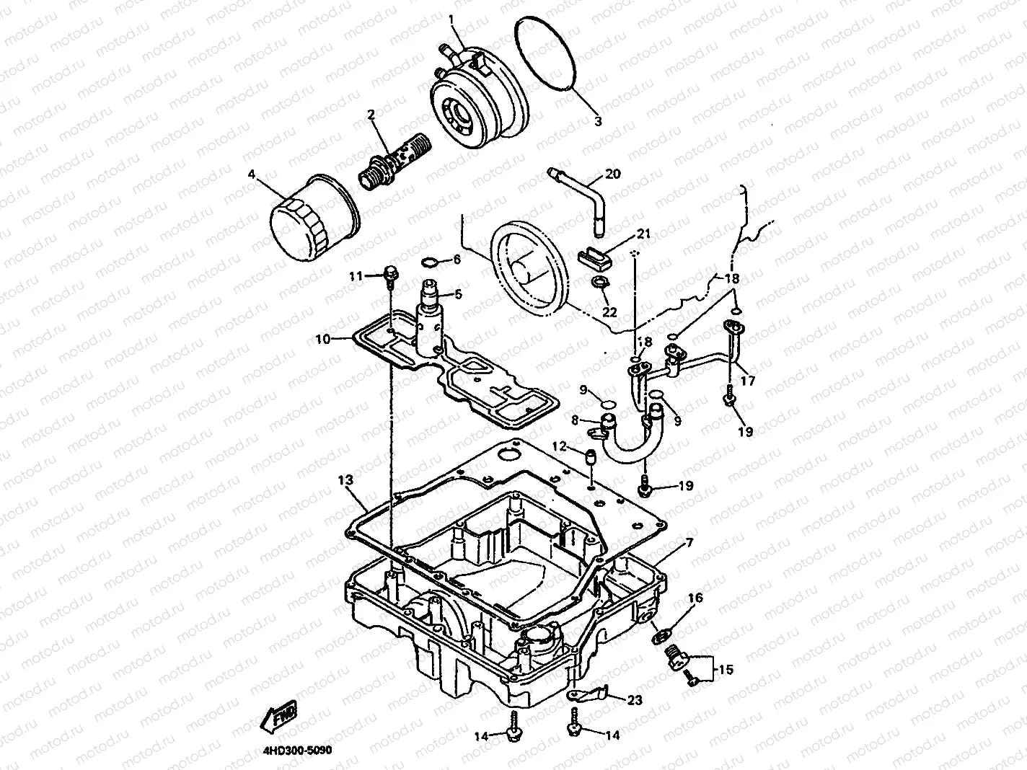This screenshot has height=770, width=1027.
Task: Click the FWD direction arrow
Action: [278, 716]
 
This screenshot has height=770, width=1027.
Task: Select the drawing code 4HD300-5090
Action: [298, 751]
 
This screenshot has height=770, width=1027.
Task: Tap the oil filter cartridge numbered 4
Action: [315, 218]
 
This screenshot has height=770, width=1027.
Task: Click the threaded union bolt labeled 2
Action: [395, 161]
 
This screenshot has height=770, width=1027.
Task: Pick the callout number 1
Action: [451, 20]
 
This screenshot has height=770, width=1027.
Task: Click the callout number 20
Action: [612, 174]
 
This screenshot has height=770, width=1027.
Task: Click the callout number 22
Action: [609, 312]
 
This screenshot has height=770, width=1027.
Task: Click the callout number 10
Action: [323, 339]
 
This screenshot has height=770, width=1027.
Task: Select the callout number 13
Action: [345, 480]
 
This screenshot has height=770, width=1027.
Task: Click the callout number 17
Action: [748, 381]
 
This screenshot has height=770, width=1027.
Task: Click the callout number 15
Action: [726, 670]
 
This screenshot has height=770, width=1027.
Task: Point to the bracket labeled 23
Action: [587, 694]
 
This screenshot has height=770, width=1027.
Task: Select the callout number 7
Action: [689, 543]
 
